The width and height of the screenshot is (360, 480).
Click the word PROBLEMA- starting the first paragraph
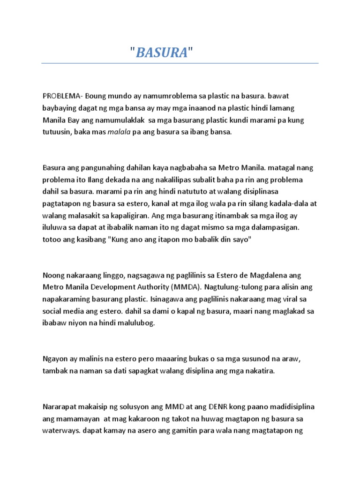click(x=63, y=96)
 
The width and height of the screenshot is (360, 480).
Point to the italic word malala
click(x=119, y=133)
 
